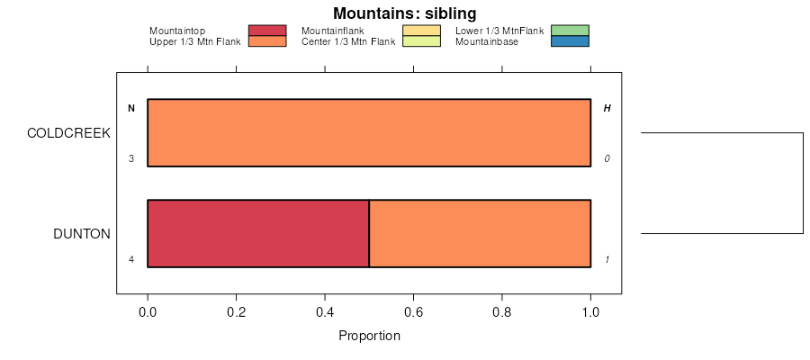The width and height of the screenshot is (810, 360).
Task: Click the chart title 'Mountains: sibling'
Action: (404, 13)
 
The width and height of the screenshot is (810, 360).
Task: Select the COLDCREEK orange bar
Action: (369, 133)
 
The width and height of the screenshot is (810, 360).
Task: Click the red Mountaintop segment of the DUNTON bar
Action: (258, 233)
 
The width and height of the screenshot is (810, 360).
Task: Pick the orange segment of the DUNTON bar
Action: (480, 233)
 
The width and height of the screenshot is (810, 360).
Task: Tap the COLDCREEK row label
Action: (68, 133)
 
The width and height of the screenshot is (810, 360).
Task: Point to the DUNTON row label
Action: (82, 234)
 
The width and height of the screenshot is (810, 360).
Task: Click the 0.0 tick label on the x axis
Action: (148, 313)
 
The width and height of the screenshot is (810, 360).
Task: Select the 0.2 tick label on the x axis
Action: (236, 313)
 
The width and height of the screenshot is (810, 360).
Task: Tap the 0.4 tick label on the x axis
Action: (325, 313)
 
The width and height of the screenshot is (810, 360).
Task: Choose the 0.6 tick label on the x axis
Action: (413, 313)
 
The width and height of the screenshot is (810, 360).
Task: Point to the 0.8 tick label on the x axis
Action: (501, 313)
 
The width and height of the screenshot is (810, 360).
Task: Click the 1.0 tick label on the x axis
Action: (590, 313)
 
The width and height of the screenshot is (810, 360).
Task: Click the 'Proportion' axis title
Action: (369, 337)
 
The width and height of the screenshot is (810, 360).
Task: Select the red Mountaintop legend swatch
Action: (266, 31)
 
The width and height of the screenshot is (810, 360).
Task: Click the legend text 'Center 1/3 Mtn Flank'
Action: (347, 41)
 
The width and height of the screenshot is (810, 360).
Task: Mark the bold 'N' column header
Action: (131, 109)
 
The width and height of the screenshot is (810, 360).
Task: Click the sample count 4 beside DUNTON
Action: (131, 260)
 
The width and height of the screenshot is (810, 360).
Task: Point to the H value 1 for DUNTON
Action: (607, 260)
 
